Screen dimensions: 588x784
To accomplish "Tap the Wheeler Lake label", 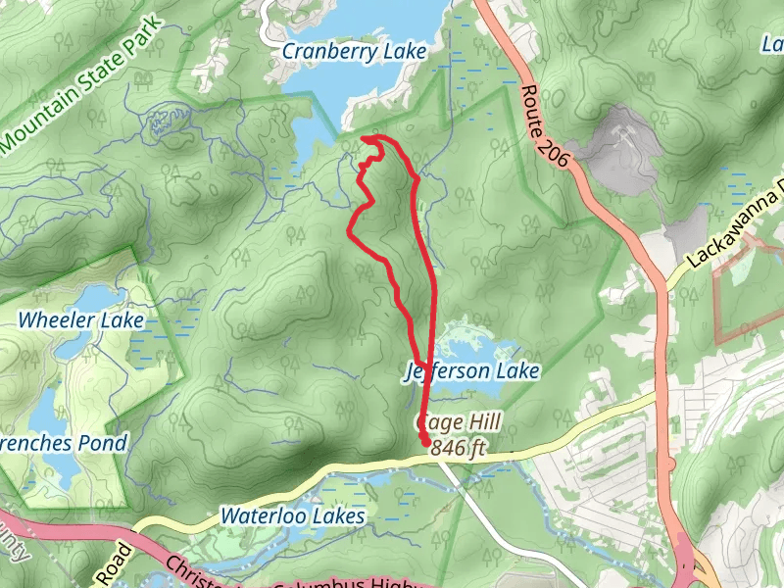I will tap(81, 320).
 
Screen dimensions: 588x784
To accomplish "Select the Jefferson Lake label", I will tap(471, 371).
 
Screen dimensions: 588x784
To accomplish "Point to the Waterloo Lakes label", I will tap(292, 515).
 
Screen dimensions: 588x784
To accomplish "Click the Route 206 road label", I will tap(546, 128).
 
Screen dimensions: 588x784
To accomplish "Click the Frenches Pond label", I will tap(62, 443).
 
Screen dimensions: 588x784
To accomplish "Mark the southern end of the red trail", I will tap(426, 443).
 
